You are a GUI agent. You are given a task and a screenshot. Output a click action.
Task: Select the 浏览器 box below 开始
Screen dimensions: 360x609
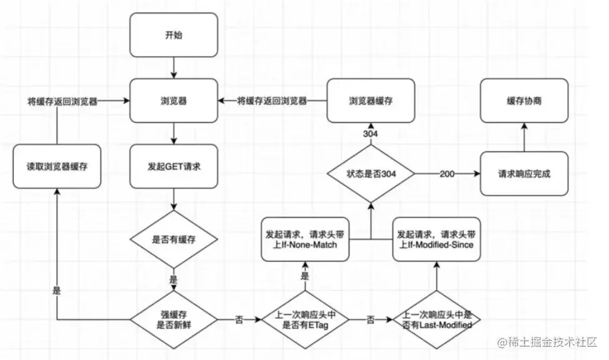point(173,100)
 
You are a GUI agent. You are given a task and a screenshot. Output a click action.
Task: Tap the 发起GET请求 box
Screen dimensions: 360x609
point(173,167)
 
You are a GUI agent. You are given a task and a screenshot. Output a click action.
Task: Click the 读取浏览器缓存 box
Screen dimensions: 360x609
point(57,167)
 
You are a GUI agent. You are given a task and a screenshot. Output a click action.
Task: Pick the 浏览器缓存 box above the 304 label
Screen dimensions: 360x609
point(371,100)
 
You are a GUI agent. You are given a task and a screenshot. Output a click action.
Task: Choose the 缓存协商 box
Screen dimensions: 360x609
point(524,100)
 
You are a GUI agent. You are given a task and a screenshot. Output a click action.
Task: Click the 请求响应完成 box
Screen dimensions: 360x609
point(524,173)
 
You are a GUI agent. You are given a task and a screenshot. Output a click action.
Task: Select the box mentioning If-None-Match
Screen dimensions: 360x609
point(304,239)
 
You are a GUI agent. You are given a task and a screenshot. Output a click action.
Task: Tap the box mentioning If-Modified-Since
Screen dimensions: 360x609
point(436,239)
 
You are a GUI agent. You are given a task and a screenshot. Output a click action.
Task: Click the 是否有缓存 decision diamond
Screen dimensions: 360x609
point(173,239)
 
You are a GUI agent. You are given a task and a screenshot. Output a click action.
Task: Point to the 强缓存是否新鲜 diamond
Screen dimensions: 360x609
point(173,320)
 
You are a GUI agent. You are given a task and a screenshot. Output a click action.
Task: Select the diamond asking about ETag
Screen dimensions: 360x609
point(304,320)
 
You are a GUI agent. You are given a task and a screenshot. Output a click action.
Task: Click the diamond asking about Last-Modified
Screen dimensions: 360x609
point(436,320)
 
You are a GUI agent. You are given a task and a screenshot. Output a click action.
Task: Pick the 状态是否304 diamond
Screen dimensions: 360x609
point(371,173)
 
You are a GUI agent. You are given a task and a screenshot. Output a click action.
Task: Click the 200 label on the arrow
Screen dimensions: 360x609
point(446,173)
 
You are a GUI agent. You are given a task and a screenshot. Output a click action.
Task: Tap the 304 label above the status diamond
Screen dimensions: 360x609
point(371,134)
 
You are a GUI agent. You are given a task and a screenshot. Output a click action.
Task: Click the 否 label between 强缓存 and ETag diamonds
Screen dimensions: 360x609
point(239,320)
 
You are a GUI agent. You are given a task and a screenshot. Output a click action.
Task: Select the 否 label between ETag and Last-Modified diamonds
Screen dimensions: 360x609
point(370,320)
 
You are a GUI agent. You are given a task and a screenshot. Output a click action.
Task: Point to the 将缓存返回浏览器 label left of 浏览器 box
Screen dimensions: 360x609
point(62,101)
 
